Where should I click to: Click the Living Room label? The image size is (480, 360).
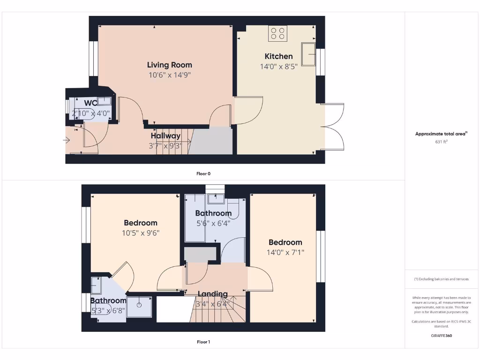(x=169, y=65)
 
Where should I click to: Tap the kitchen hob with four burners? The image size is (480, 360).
(x=277, y=33)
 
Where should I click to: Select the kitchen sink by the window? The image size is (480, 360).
(x=309, y=54)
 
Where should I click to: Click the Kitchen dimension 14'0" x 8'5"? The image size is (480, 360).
(x=278, y=67)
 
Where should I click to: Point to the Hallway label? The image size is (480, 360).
(x=165, y=136)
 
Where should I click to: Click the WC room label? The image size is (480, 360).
(x=91, y=103)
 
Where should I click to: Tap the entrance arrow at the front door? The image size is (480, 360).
(x=66, y=140)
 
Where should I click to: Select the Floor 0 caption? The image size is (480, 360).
(x=203, y=173)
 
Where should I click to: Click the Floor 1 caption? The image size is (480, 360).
(x=203, y=342)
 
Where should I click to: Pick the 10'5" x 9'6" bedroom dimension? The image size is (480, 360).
(x=140, y=233)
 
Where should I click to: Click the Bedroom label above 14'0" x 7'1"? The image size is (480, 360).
(x=285, y=242)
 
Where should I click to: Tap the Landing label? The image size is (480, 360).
(x=212, y=294)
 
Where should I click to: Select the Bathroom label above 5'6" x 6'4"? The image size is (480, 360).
(x=213, y=213)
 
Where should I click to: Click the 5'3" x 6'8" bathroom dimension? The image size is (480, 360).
(x=108, y=310)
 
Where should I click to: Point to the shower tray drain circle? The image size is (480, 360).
(x=139, y=305)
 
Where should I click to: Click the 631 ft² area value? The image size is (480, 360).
(x=441, y=141)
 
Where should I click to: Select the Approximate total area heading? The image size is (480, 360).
(x=441, y=134)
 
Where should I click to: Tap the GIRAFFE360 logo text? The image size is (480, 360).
(x=441, y=336)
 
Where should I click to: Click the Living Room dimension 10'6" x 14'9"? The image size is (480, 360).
(x=169, y=75)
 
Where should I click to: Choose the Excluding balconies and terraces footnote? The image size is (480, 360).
(x=441, y=279)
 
